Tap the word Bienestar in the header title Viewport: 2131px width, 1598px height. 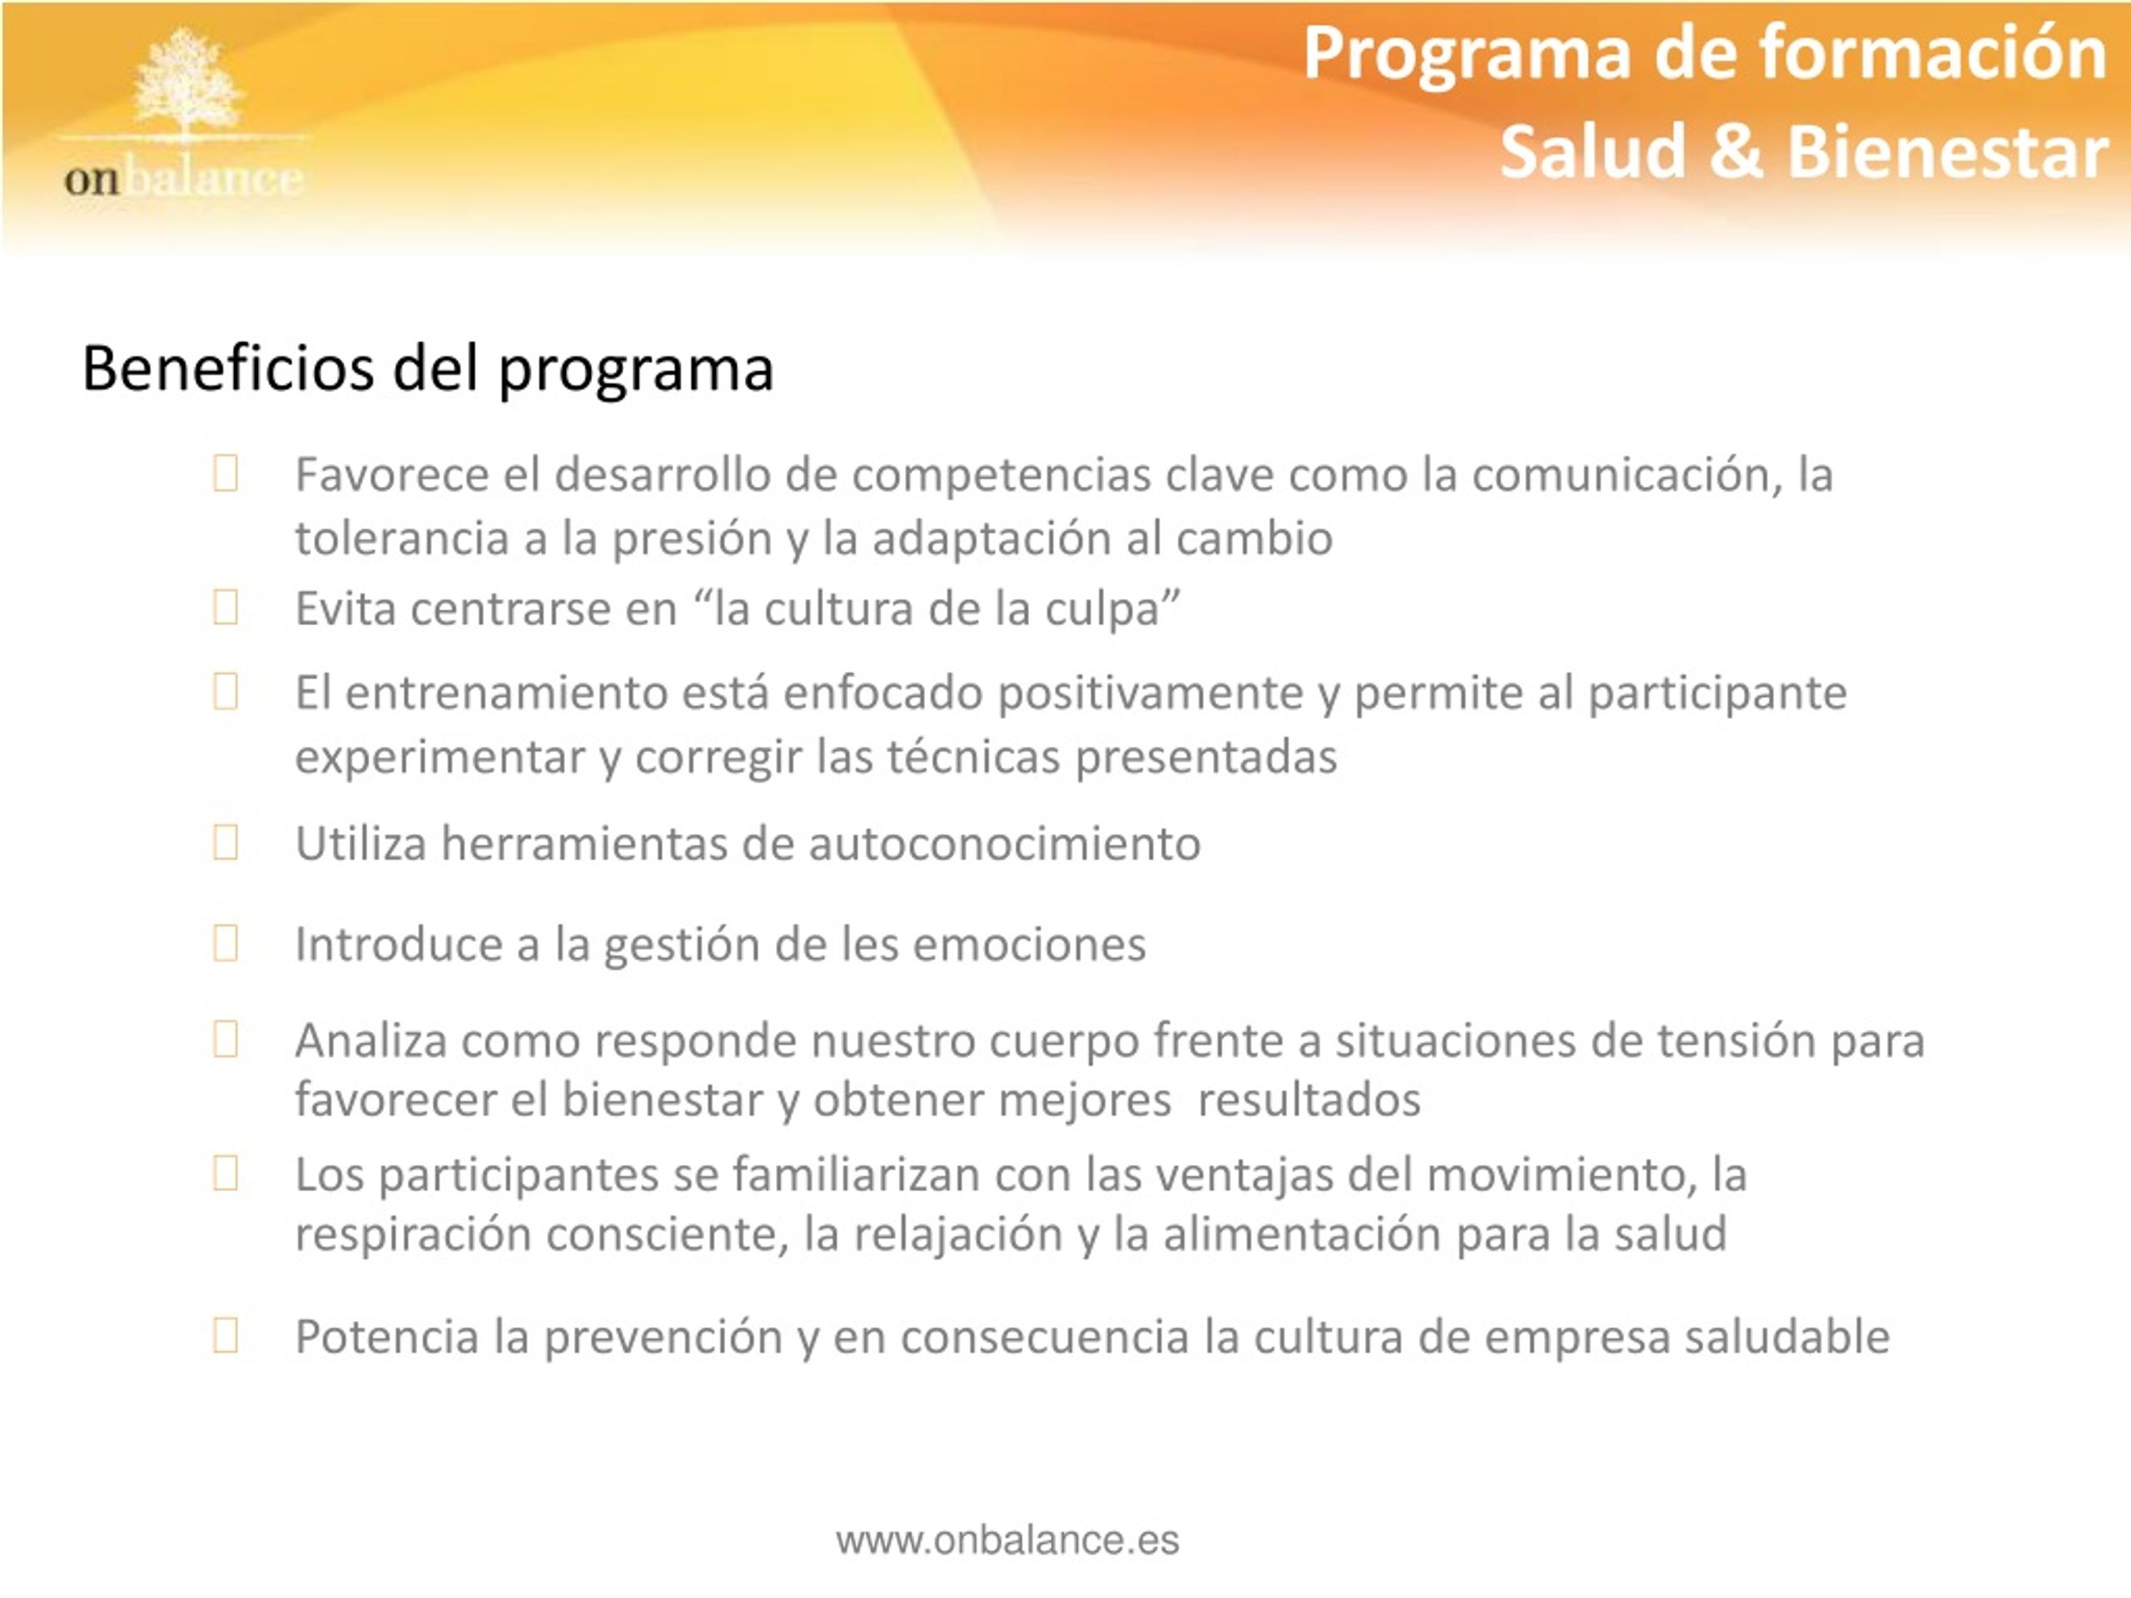[x=1948, y=152]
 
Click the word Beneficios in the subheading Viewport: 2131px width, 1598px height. [x=228, y=368]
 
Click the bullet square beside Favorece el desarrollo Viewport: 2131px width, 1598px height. [x=226, y=473]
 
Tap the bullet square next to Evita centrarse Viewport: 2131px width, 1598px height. [x=226, y=607]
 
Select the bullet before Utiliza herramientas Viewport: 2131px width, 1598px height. [x=226, y=842]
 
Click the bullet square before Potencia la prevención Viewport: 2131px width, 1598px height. [x=226, y=1335]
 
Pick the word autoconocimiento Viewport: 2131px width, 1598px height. [x=1005, y=843]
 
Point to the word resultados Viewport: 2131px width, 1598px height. [x=1309, y=1100]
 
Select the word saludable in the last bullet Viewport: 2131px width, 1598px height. [x=1787, y=1337]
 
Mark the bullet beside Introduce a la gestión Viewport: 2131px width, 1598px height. [x=226, y=943]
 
